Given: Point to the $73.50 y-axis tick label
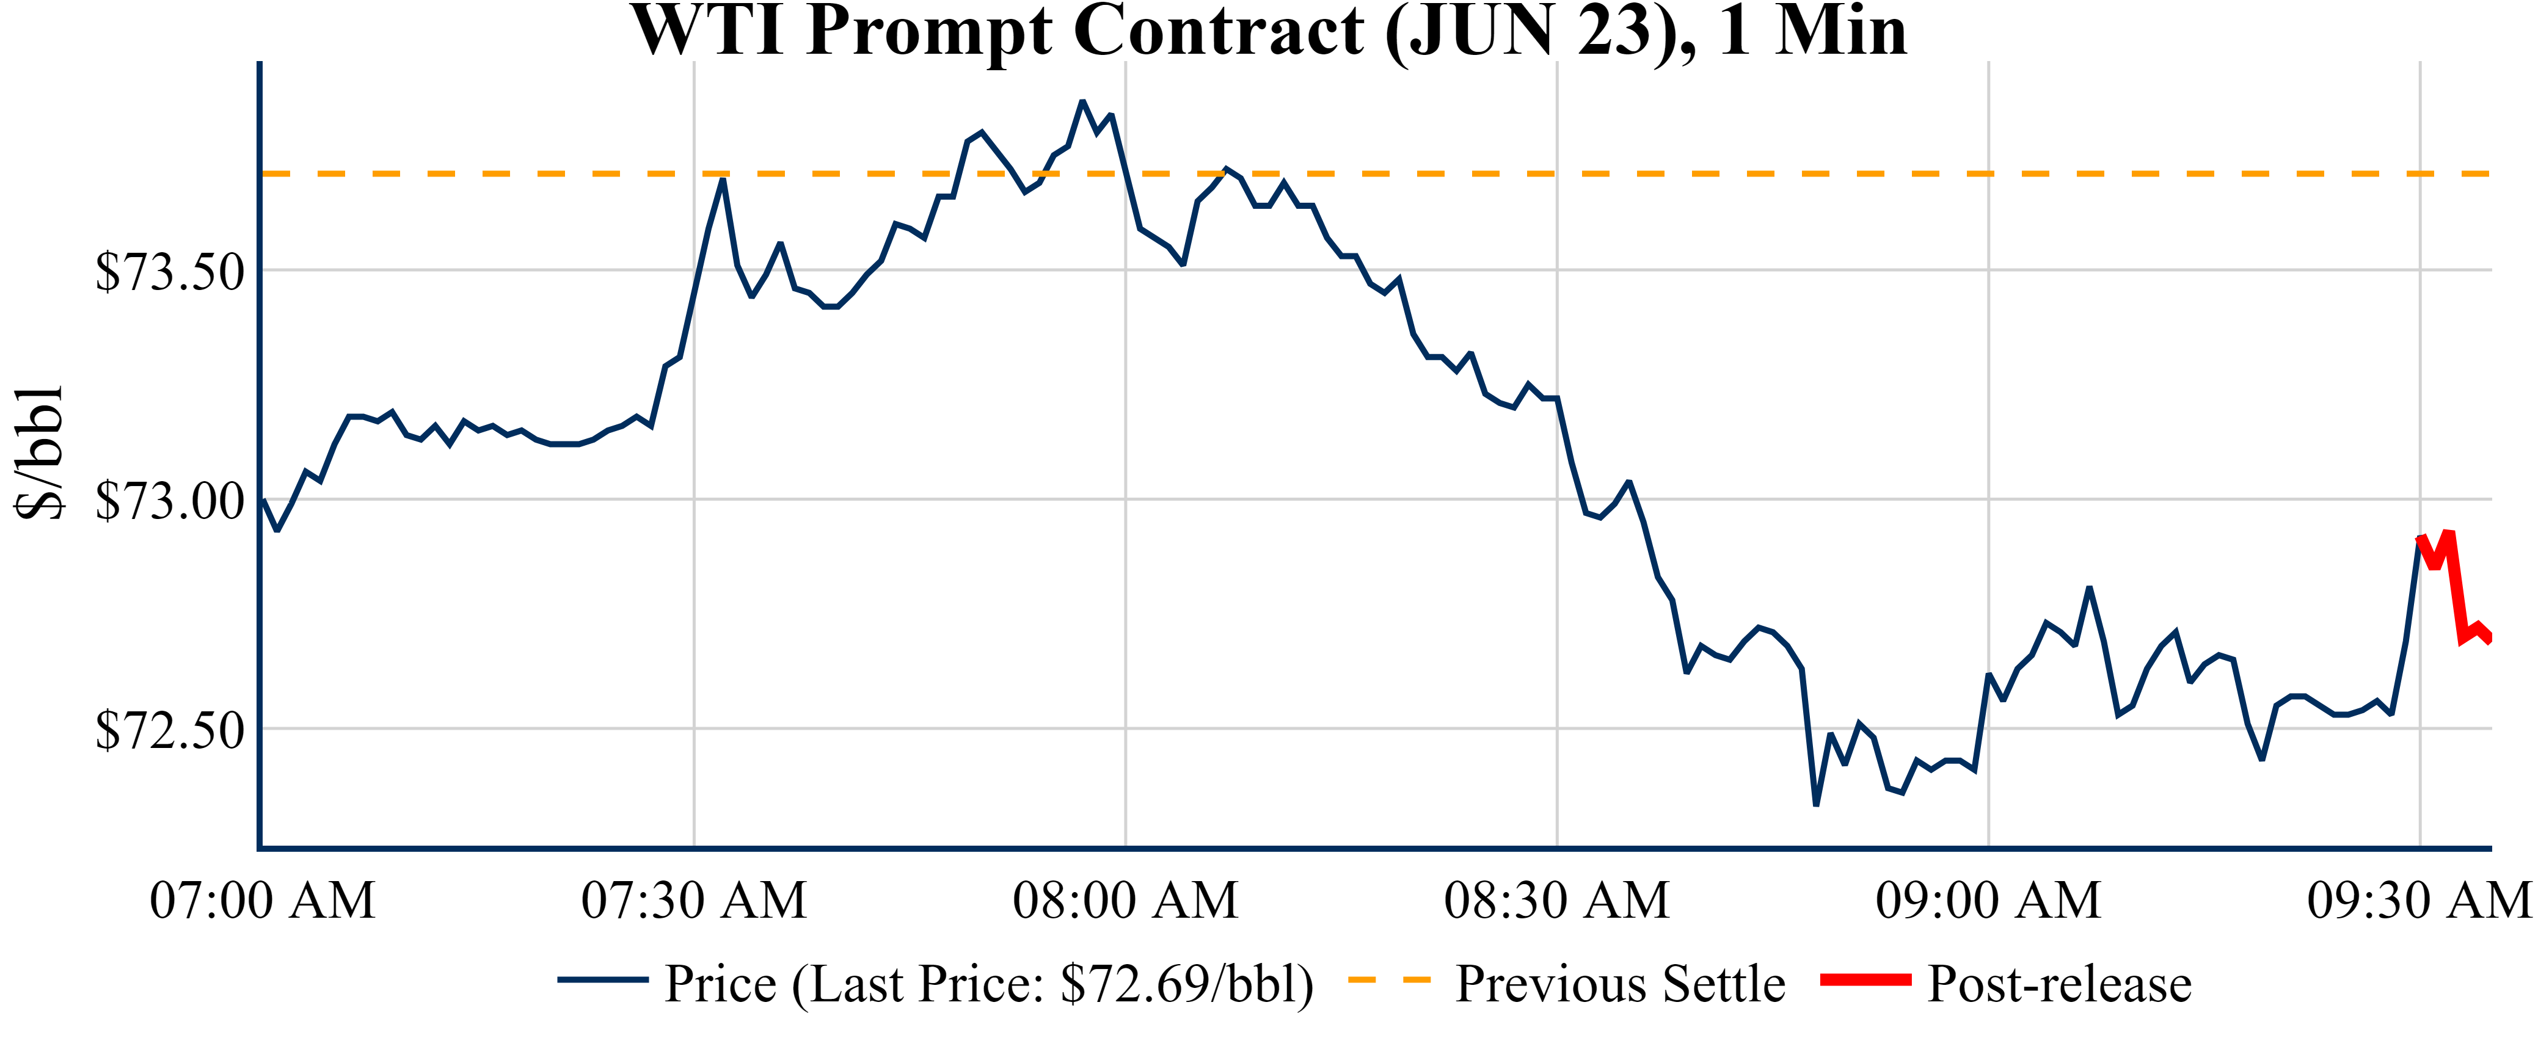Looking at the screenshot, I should pos(169,272).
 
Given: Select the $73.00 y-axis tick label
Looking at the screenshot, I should pos(169,501).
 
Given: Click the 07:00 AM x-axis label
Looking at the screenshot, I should pos(262,900).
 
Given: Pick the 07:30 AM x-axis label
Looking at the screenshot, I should pos(694,900).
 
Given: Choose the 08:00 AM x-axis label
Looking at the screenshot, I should pos(1125,900).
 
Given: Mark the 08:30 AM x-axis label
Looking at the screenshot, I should pos(1556,900).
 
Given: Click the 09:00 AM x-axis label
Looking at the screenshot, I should pos(1988,900).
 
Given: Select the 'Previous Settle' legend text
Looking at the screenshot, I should pos(1620,984).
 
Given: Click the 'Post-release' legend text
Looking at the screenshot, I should pos(2059,984).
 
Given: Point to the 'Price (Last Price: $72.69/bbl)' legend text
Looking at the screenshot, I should pos(988,984).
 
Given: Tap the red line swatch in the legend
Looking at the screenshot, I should pos(1865,980).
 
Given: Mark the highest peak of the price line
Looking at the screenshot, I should pos(1082,101).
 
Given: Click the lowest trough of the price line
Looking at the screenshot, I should pos(1816,805).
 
